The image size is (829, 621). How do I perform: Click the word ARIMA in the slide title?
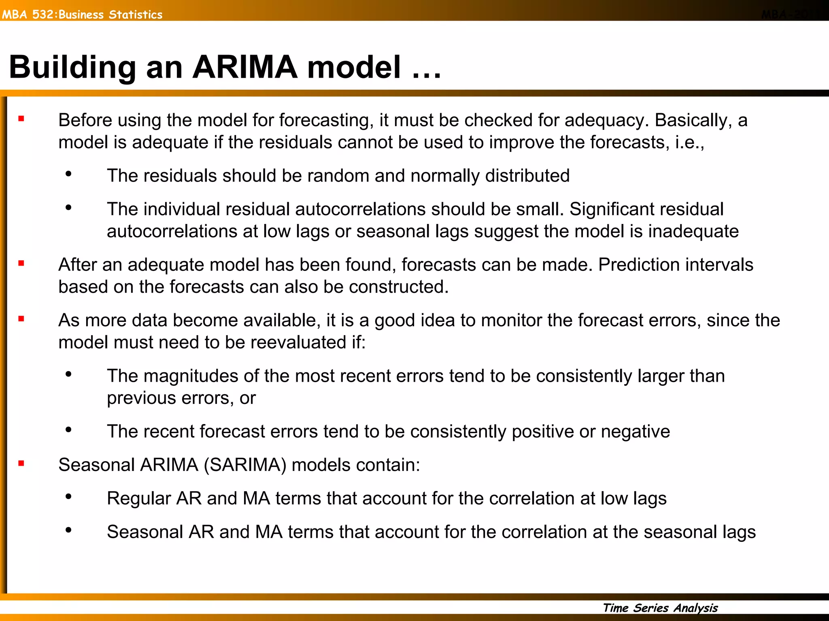tap(244, 67)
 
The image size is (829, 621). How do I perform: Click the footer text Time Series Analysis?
tap(660, 608)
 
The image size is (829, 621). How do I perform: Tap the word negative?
tap(635, 431)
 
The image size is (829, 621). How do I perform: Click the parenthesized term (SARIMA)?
tap(245, 465)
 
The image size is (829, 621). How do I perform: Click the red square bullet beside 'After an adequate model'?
tap(21, 264)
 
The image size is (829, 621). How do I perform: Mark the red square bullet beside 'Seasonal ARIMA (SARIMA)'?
tap(21, 463)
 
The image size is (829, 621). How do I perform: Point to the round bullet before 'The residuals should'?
tap(68, 174)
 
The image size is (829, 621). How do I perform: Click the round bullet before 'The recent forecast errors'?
tap(68, 430)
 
